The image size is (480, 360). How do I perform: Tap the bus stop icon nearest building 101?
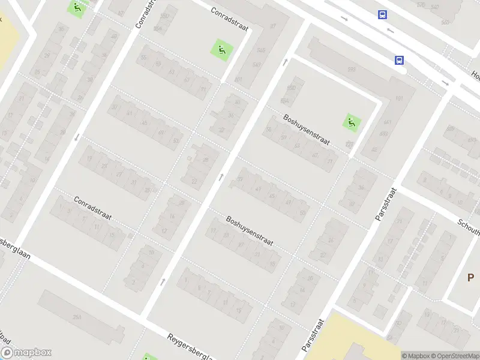[x=399, y=59]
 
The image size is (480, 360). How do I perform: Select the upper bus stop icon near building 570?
[x=382, y=15]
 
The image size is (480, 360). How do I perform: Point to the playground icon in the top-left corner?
[x=77, y=8]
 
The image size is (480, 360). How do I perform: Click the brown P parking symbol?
[x=472, y=277]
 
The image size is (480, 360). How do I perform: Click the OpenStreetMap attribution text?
[x=455, y=356]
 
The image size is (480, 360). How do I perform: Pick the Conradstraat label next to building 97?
[x=229, y=20]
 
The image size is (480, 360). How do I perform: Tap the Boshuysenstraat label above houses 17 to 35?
[x=250, y=231]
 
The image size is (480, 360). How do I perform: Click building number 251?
[x=77, y=316]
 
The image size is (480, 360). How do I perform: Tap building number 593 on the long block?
[x=350, y=70]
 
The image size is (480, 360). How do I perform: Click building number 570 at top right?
[x=421, y=5]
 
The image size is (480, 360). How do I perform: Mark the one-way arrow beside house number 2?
[x=163, y=281]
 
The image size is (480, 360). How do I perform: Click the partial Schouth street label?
[x=468, y=226]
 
